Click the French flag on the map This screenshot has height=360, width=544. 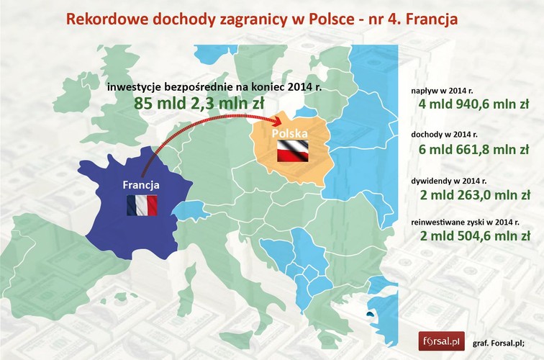[x=141, y=205]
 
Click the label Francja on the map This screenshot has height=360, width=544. [x=141, y=185]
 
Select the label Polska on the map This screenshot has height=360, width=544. [x=289, y=135]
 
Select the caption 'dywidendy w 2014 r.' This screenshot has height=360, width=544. [x=450, y=179]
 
